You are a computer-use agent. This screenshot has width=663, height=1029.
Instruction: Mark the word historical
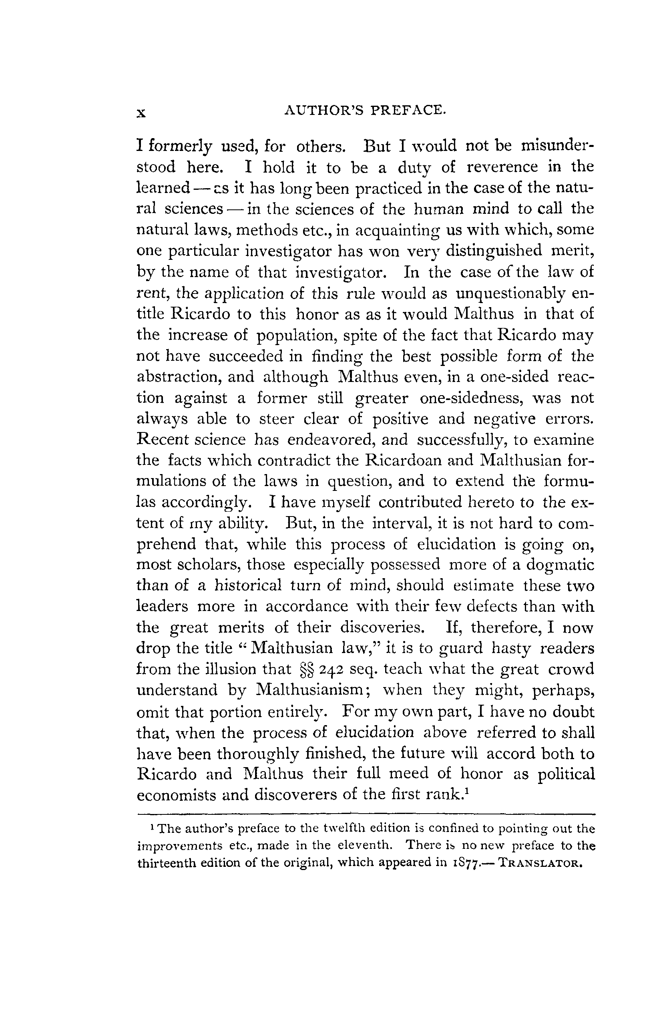(248, 585)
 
